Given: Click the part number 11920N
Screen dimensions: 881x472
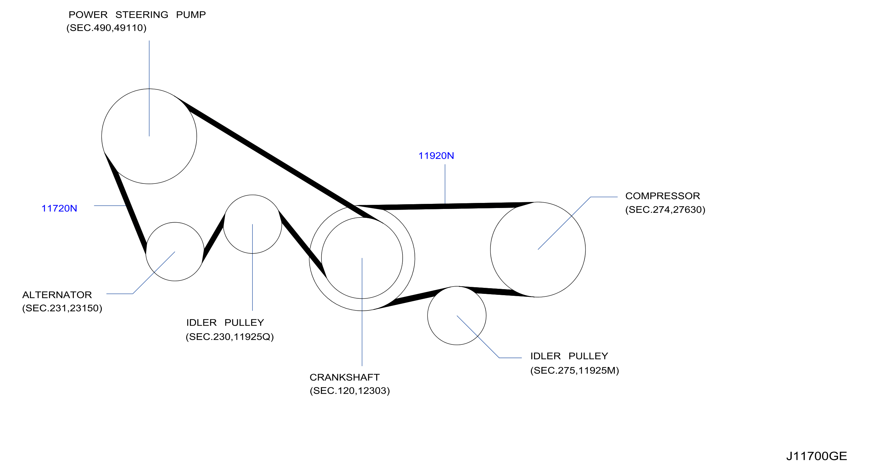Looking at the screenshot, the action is coord(436,156).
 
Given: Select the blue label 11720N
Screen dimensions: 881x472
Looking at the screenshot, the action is coord(59,208).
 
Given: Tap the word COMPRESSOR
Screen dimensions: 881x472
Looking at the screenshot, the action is coord(662,196).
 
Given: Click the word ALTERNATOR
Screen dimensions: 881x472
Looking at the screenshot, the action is coord(57,295).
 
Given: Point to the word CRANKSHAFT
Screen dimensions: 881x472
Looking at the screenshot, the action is coord(344,377).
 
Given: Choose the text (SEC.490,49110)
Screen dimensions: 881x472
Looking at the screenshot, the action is coord(106,28).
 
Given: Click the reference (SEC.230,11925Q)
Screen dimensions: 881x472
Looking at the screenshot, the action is coord(230,337).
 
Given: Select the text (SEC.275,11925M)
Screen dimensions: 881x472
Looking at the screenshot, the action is coord(574,371).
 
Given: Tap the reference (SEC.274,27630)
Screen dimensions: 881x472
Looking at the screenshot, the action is coord(665,210).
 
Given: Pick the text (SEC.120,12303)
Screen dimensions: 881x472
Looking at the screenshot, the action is coord(349,391).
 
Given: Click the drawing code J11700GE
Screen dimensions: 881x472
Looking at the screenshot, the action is coord(817,456).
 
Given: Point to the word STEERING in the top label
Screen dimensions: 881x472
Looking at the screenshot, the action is coord(142,15).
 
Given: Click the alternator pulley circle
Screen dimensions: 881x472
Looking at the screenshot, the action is coord(146,252).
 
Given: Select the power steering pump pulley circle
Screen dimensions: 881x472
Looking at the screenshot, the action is coord(102,137).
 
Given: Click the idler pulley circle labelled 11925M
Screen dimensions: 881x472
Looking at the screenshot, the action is coord(427,316).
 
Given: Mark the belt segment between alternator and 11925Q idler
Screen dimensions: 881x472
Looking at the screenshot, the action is coord(214,239).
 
